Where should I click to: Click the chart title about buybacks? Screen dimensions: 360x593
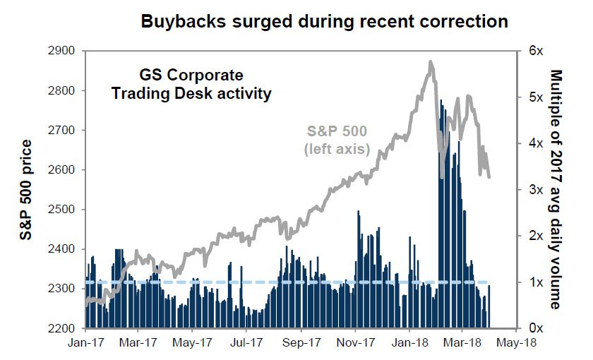324,21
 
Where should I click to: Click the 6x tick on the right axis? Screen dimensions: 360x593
534,52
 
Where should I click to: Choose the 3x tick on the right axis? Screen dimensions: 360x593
534,190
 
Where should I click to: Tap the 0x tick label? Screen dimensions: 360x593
534,329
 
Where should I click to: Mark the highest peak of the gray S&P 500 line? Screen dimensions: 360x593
431,63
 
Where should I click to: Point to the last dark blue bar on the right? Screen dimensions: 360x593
489,306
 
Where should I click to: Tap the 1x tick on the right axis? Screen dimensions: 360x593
534,282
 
